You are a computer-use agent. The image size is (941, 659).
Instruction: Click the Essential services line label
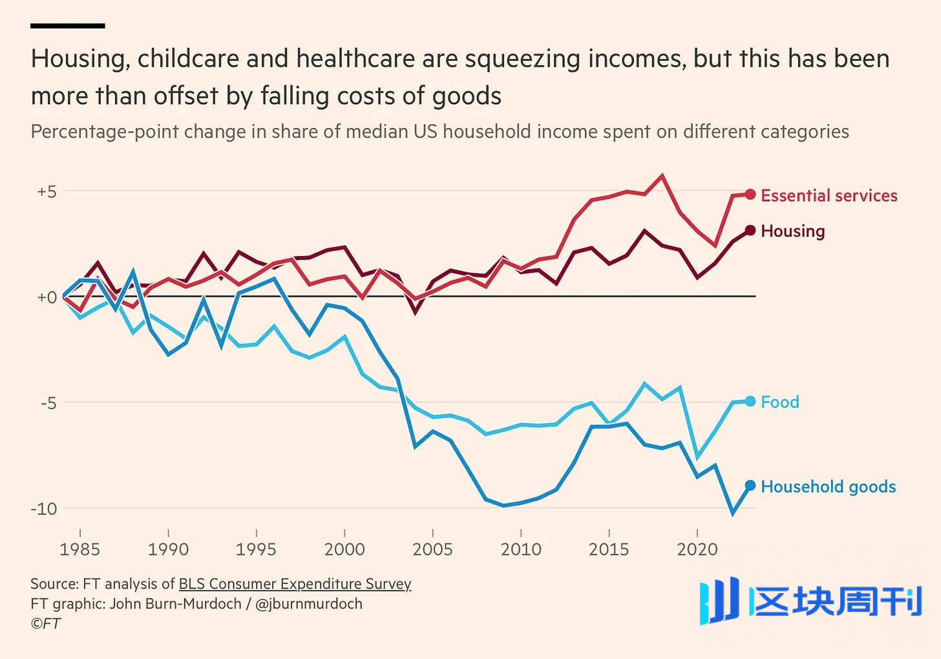[829, 195]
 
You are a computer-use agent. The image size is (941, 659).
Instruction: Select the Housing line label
[792, 231]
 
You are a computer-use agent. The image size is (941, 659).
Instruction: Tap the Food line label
[779, 402]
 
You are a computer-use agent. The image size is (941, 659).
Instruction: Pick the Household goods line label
[828, 486]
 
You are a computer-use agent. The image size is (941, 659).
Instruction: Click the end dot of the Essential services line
[750, 194]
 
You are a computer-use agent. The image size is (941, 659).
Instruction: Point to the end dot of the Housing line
[750, 230]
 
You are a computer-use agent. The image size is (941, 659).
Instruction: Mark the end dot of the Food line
[750, 401]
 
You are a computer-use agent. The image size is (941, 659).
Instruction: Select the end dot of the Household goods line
[750, 486]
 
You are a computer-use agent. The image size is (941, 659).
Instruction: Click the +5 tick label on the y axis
[47, 191]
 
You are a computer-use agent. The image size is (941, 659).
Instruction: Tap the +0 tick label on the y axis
[47, 297]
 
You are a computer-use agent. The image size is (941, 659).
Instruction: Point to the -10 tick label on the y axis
[44, 509]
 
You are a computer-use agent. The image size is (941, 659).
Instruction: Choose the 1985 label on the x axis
[79, 549]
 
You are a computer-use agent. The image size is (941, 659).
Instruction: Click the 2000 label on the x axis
[344, 549]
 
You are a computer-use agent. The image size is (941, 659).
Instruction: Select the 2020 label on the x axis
[697, 549]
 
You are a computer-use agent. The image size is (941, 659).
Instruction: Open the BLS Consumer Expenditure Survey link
[295, 584]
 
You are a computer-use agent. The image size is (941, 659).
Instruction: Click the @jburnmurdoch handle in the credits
[309, 604]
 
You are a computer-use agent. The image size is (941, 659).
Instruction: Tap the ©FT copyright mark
[45, 623]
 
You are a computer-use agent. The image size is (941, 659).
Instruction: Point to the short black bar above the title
[67, 26]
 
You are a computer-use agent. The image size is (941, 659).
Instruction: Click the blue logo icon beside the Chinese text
[719, 601]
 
